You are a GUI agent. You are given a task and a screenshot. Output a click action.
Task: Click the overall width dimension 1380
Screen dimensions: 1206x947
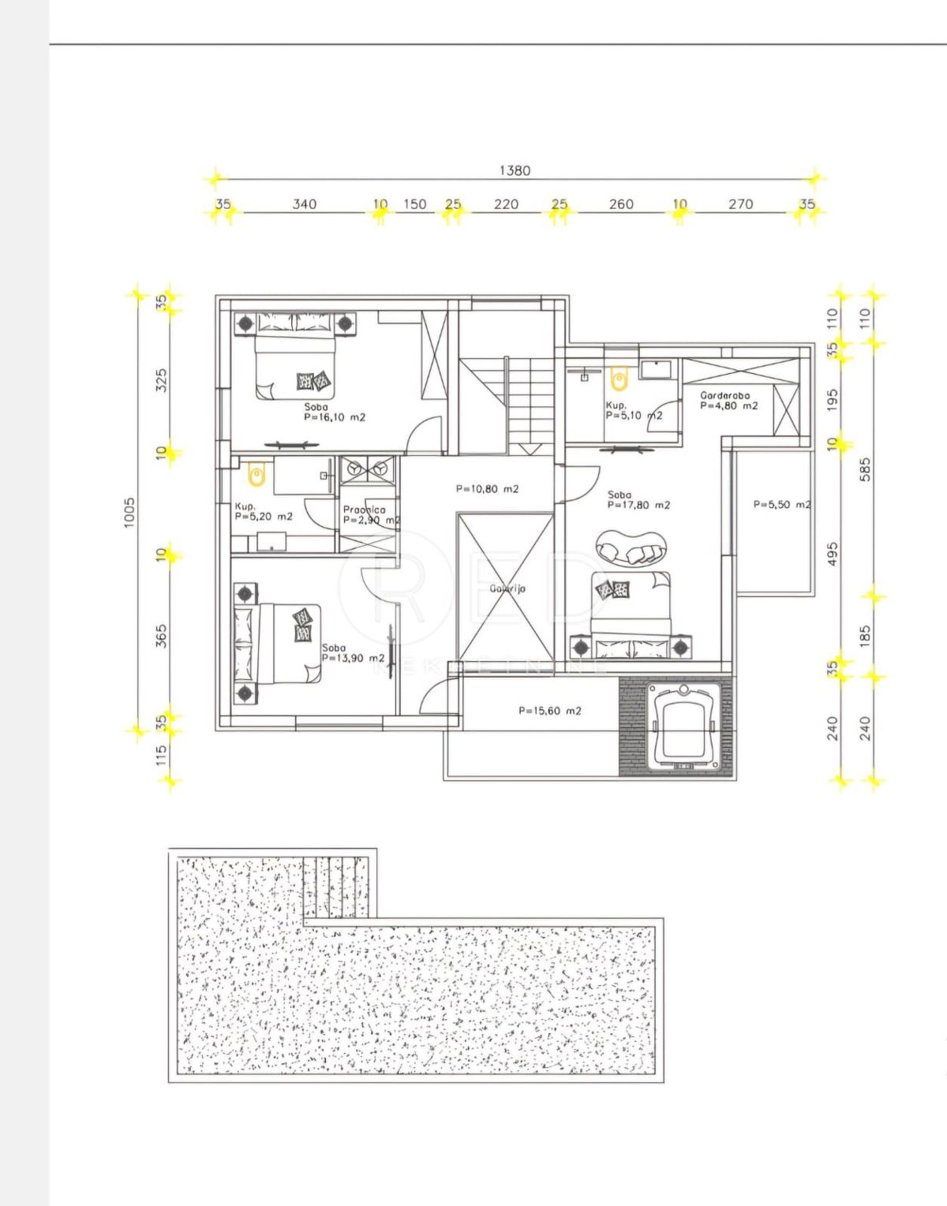(515, 170)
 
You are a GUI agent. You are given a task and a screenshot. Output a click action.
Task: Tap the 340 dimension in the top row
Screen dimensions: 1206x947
(305, 204)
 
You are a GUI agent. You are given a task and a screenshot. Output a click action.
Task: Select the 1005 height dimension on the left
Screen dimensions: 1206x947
(130, 512)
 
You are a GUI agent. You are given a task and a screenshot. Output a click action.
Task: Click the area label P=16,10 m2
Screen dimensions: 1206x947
(335, 417)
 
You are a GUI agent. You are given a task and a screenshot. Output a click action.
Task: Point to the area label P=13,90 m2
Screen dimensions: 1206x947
(353, 658)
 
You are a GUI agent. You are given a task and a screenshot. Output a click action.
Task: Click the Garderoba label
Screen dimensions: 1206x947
(724, 395)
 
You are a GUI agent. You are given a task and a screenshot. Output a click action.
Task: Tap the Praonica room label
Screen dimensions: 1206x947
(365, 510)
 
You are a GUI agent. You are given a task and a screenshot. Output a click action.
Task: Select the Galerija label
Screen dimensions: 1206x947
(507, 588)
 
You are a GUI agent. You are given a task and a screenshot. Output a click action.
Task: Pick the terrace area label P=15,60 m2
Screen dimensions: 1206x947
(550, 711)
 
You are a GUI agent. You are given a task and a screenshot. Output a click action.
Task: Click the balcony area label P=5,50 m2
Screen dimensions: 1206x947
(780, 504)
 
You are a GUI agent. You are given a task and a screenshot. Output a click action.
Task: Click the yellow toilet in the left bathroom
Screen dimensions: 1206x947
(256, 474)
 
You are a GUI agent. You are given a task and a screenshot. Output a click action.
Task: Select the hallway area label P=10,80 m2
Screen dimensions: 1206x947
(487, 489)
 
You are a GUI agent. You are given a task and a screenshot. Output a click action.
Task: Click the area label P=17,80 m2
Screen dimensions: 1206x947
(638, 505)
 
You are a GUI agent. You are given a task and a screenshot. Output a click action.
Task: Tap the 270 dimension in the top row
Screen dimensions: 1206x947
(740, 204)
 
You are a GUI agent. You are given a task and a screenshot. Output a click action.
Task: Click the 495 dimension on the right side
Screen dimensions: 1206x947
(833, 552)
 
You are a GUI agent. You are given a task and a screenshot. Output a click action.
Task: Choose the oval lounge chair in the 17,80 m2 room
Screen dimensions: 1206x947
(631, 548)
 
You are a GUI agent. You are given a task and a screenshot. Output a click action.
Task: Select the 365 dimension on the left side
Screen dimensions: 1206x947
(162, 636)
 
